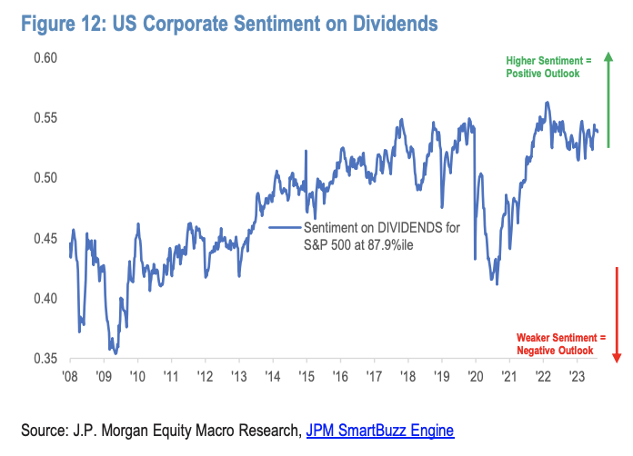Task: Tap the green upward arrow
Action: click(x=608, y=100)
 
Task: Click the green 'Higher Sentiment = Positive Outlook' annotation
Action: click(x=548, y=66)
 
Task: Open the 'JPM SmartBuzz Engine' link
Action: click(x=379, y=430)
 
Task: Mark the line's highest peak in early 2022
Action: click(x=547, y=102)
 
